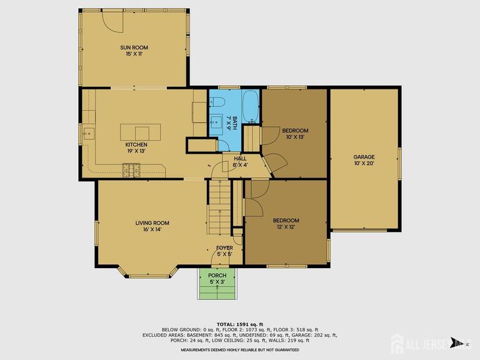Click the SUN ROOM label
(x=134, y=47)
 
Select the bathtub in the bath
(x=251, y=106)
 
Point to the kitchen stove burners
(x=131, y=171)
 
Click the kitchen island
(x=140, y=132)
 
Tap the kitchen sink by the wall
(x=89, y=134)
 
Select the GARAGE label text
(x=364, y=157)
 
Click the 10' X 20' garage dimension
(x=364, y=163)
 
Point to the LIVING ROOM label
(x=152, y=223)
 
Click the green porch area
(x=217, y=284)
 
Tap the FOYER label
(x=224, y=247)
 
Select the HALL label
(x=240, y=159)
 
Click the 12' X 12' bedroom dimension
(x=286, y=227)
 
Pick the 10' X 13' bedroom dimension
(x=295, y=137)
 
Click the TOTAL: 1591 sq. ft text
(x=240, y=324)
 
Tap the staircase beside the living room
(x=219, y=207)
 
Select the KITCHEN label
(x=136, y=144)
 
